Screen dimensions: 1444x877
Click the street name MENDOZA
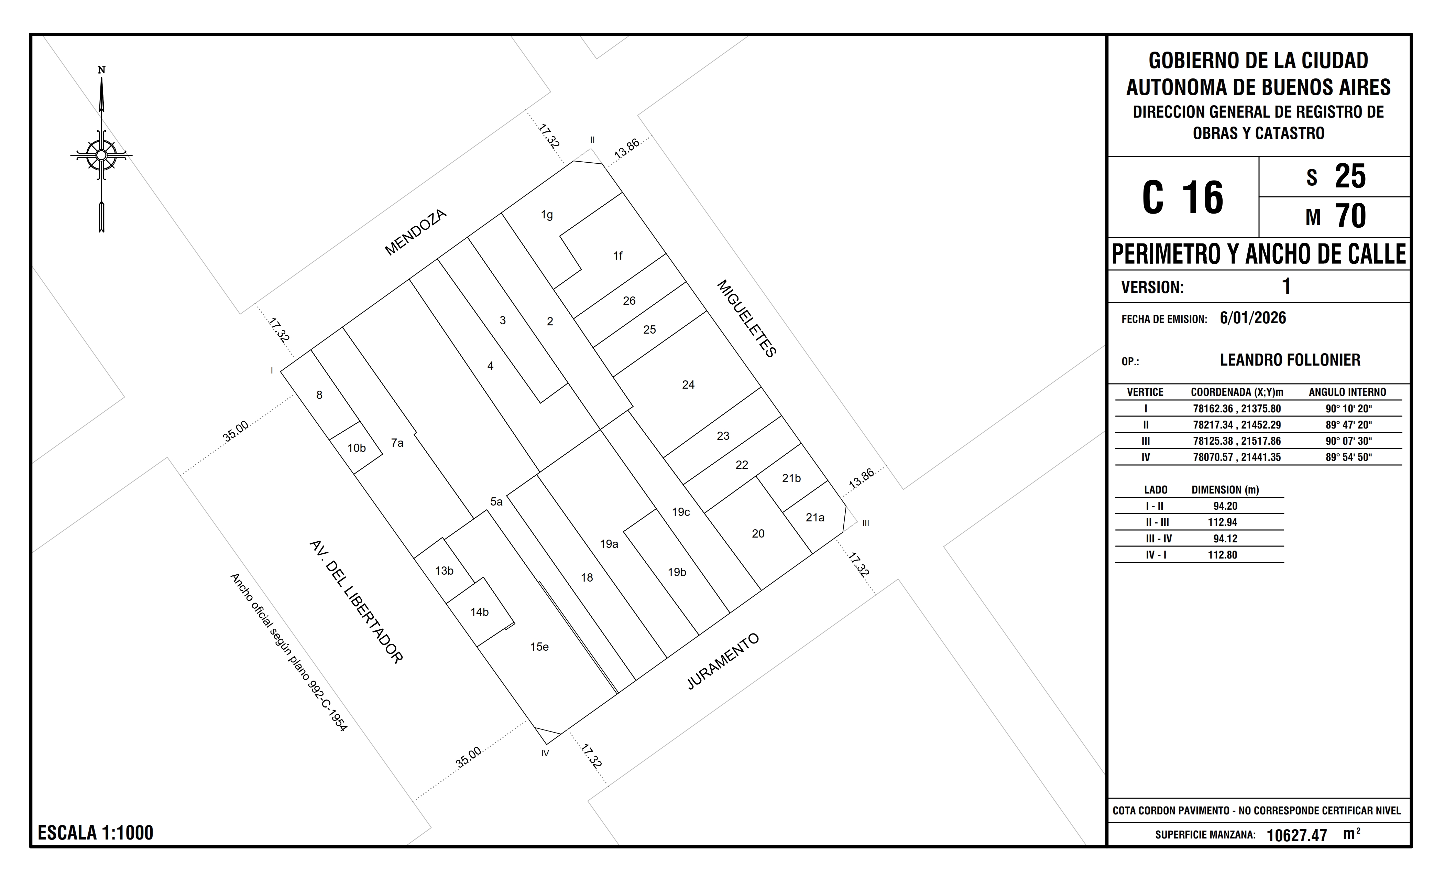point(416,233)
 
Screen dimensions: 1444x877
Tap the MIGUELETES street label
point(747,318)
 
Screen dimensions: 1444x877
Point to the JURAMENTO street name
point(723,661)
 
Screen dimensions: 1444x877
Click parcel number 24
point(688,385)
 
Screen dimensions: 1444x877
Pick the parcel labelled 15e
point(539,647)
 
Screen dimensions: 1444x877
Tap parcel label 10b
point(356,448)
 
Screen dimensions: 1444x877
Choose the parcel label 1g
point(547,215)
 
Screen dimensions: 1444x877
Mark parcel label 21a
point(814,517)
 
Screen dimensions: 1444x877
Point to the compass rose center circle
point(101,155)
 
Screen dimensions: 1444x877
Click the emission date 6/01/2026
point(1253,318)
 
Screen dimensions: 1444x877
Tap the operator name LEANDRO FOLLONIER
point(1290,360)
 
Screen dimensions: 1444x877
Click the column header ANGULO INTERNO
point(1347,392)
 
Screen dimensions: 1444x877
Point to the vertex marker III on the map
point(866,523)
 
